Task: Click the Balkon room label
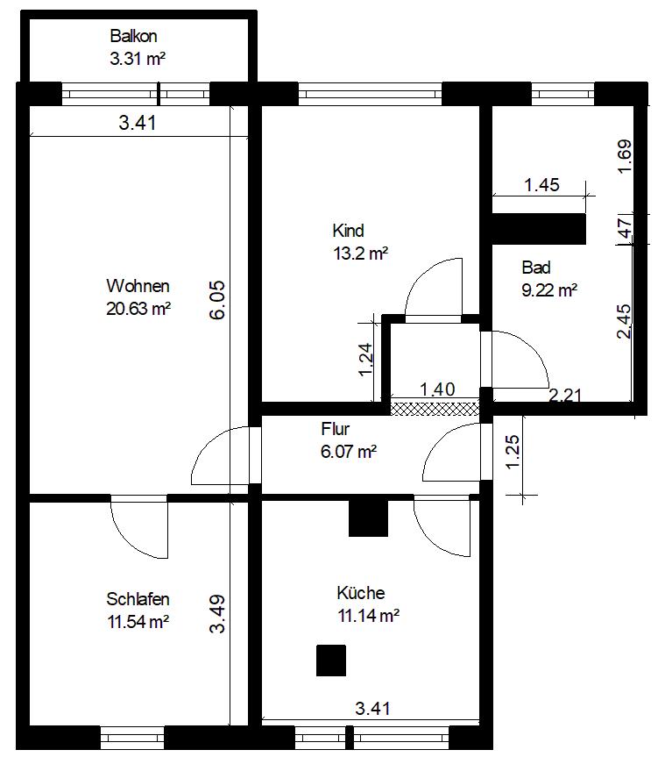tap(133, 36)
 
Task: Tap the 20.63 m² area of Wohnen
tap(138, 309)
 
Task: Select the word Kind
tap(348, 231)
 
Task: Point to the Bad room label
tap(536, 268)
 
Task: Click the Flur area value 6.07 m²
tap(349, 452)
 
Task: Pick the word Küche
tap(361, 593)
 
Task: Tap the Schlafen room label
tap(138, 599)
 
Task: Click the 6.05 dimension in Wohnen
tap(217, 300)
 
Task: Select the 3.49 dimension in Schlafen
tap(217, 614)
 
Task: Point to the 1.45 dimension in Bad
tap(541, 185)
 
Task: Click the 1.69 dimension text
tap(625, 156)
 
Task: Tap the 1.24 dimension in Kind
tap(365, 359)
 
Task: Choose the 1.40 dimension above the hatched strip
tap(437, 389)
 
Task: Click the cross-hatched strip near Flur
tap(435, 409)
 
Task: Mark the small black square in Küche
tap(331, 660)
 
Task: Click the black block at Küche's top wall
tap(368, 518)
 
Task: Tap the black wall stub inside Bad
tap(539, 229)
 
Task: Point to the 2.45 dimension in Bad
tap(624, 322)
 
